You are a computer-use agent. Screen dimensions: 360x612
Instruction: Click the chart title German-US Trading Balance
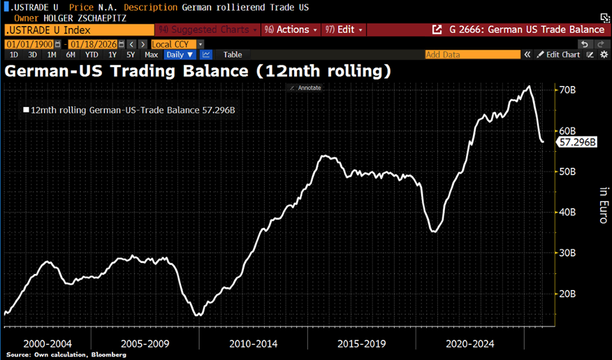197,71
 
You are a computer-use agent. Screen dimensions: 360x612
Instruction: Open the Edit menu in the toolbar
345,30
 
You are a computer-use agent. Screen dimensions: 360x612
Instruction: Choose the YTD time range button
91,55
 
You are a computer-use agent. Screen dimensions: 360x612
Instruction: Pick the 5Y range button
131,55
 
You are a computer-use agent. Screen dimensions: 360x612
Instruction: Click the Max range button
151,55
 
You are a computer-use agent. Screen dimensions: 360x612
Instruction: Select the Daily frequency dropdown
180,55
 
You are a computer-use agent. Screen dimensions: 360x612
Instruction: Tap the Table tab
233,55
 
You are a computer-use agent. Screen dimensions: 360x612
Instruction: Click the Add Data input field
472,55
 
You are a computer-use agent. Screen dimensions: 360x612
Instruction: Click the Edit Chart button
558,55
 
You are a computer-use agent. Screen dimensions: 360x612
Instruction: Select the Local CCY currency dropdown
177,44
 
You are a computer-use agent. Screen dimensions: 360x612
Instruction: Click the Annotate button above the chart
305,88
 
